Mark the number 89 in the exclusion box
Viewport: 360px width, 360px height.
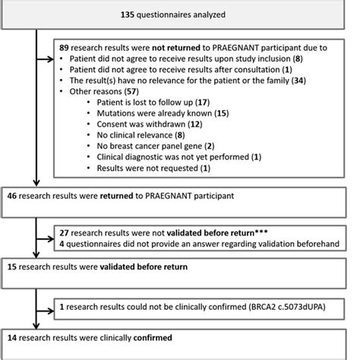pyautogui.click(x=65, y=46)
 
